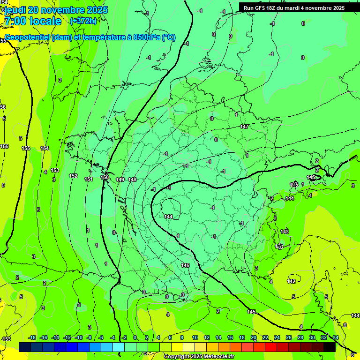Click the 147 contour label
click(244, 127)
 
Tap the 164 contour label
click(45, 149)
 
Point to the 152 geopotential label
click(73, 176)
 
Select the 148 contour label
click(132, 180)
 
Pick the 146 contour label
click(185, 265)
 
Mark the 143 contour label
click(285, 232)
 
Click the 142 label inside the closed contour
click(291, 281)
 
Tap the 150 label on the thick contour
click(105, 177)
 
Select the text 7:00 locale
click(32, 21)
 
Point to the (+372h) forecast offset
click(83, 21)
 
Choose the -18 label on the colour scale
click(32, 337)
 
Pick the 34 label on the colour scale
click(335, 337)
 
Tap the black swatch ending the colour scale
click(330, 347)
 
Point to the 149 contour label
click(120, 180)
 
